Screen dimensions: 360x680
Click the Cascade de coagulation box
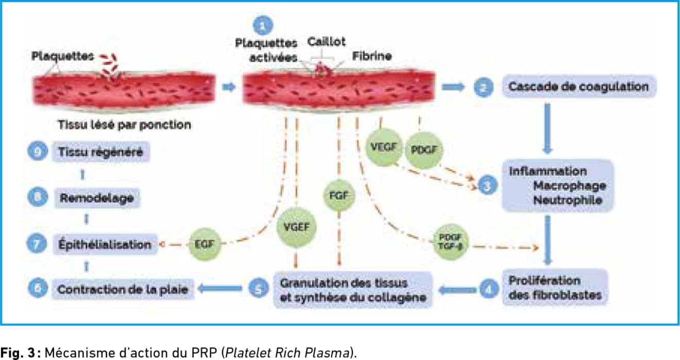pyautogui.click(x=579, y=87)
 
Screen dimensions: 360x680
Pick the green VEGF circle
pyautogui.click(x=382, y=146)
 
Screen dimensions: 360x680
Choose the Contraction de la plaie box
pyautogui.click(x=122, y=290)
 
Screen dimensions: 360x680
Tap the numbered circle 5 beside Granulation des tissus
pyautogui.click(x=259, y=289)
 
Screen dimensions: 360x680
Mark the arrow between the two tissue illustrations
pyautogui.click(x=228, y=87)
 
